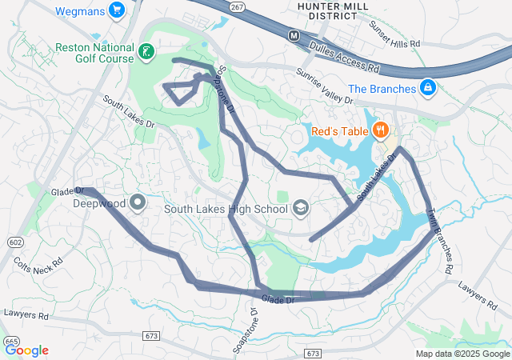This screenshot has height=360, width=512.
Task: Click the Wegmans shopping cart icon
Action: pyautogui.click(x=118, y=10)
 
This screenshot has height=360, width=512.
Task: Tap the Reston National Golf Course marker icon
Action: pyautogui.click(x=146, y=53)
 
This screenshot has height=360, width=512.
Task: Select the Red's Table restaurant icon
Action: pyautogui.click(x=380, y=130)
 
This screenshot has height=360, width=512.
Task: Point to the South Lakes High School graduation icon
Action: pyautogui.click(x=301, y=210)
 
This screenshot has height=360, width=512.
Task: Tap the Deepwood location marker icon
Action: pyautogui.click(x=138, y=202)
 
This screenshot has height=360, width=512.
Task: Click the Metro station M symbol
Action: pyautogui.click(x=294, y=35)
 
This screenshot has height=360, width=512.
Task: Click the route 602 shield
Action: pyautogui.click(x=15, y=242)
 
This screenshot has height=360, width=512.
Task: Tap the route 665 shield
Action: pyautogui.click(x=12, y=342)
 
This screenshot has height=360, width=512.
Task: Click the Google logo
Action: pyautogui.click(x=26, y=350)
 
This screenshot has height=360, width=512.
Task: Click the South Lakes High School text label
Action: pyautogui.click(x=226, y=210)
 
